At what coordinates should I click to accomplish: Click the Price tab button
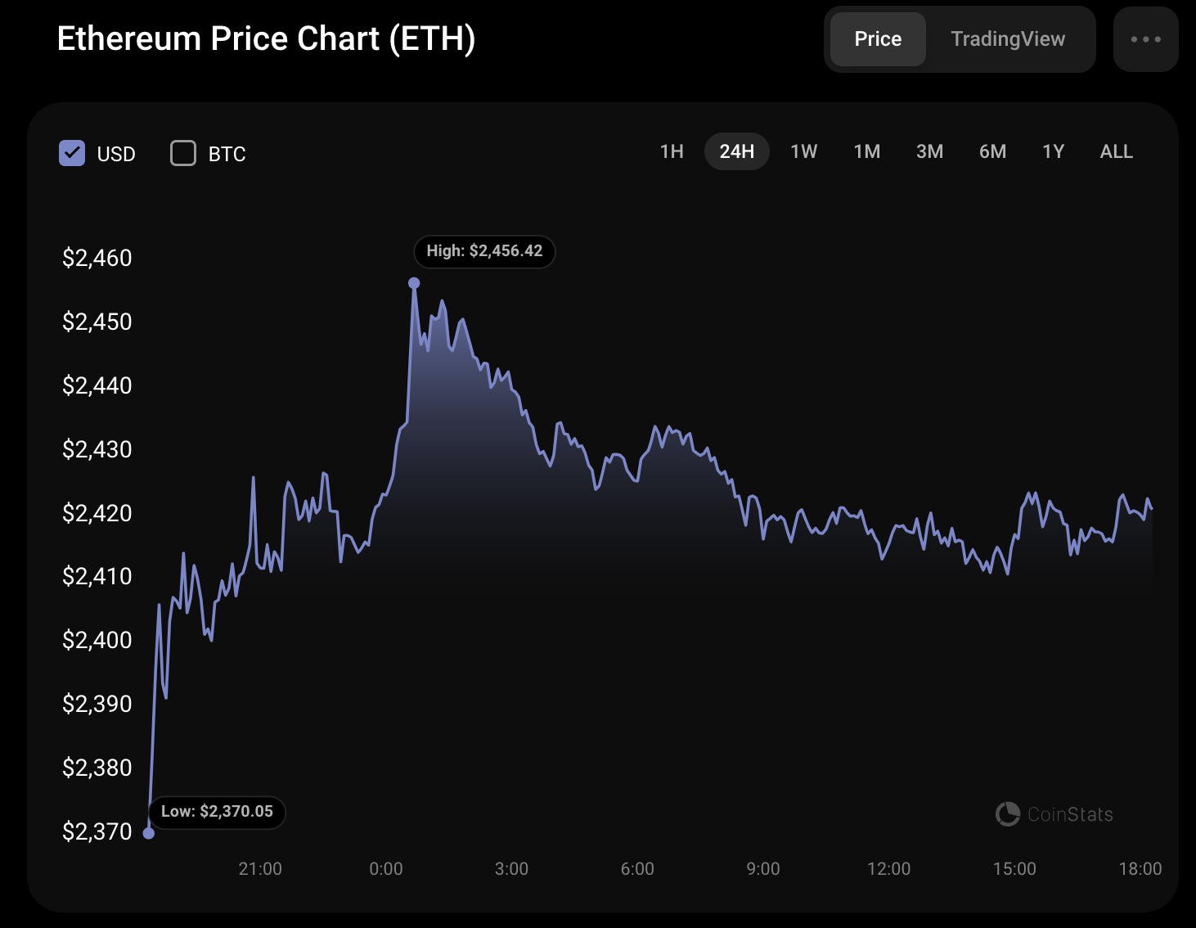pyautogui.click(x=878, y=39)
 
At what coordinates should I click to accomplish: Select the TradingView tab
pyautogui.click(x=1008, y=39)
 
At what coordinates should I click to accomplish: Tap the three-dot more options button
pyautogui.click(x=1145, y=39)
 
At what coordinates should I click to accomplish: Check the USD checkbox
pyautogui.click(x=72, y=153)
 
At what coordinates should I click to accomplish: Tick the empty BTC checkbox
pyautogui.click(x=183, y=153)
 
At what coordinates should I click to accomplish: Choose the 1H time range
pyautogui.click(x=672, y=151)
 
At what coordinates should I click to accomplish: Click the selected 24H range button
pyautogui.click(x=736, y=151)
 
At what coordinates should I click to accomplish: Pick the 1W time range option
pyautogui.click(x=803, y=151)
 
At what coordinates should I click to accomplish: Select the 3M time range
pyautogui.click(x=929, y=151)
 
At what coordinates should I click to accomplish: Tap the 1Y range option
pyautogui.click(x=1053, y=151)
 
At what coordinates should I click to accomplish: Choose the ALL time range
pyautogui.click(x=1116, y=151)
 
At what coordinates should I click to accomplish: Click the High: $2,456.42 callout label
pyautogui.click(x=484, y=251)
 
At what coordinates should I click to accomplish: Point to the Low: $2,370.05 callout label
pyautogui.click(x=217, y=812)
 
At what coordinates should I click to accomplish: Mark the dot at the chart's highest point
pyautogui.click(x=414, y=283)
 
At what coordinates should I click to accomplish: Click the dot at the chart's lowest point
pyautogui.click(x=149, y=833)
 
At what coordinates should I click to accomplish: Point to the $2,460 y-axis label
pyautogui.click(x=97, y=258)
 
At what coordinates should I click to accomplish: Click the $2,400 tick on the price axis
pyautogui.click(x=97, y=640)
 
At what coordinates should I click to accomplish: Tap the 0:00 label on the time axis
pyautogui.click(x=386, y=869)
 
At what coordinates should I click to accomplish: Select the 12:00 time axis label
pyautogui.click(x=888, y=869)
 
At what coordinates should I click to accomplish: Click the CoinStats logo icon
pyautogui.click(x=1008, y=814)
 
